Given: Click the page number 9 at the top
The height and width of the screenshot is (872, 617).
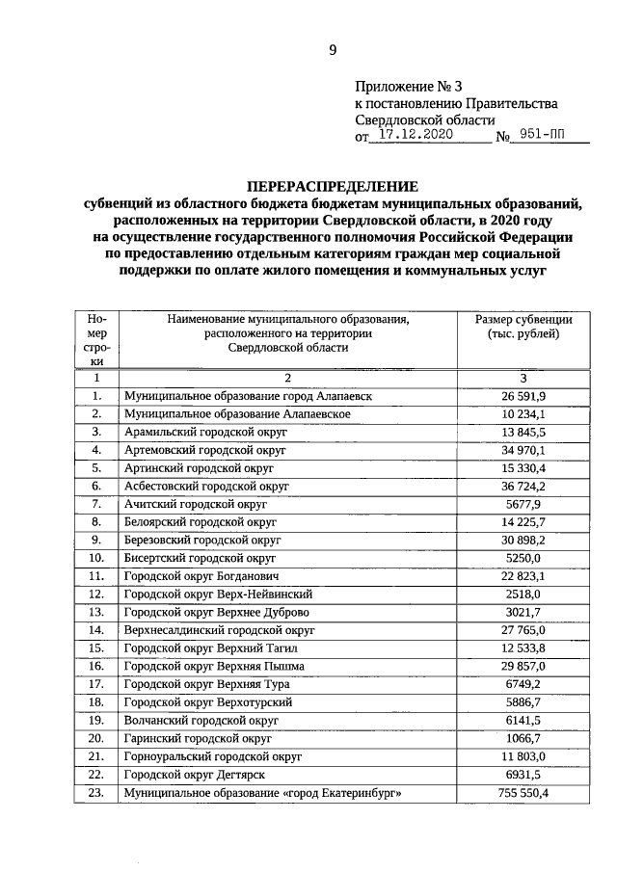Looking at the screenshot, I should tap(333, 50).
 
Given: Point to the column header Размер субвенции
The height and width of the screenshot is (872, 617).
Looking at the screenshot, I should tap(523, 319).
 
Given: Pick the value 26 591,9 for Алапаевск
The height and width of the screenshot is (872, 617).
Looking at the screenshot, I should tap(523, 396).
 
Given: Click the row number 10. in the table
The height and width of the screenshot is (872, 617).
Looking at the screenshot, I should tap(96, 558).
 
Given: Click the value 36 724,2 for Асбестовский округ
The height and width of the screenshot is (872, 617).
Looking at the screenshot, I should tap(523, 486).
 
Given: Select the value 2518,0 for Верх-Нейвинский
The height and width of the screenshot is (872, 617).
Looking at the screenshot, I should tap(523, 594).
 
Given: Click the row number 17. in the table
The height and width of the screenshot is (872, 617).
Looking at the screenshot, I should tap(96, 684).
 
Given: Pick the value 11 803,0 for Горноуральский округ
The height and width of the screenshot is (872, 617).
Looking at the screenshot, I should tap(523, 756).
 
